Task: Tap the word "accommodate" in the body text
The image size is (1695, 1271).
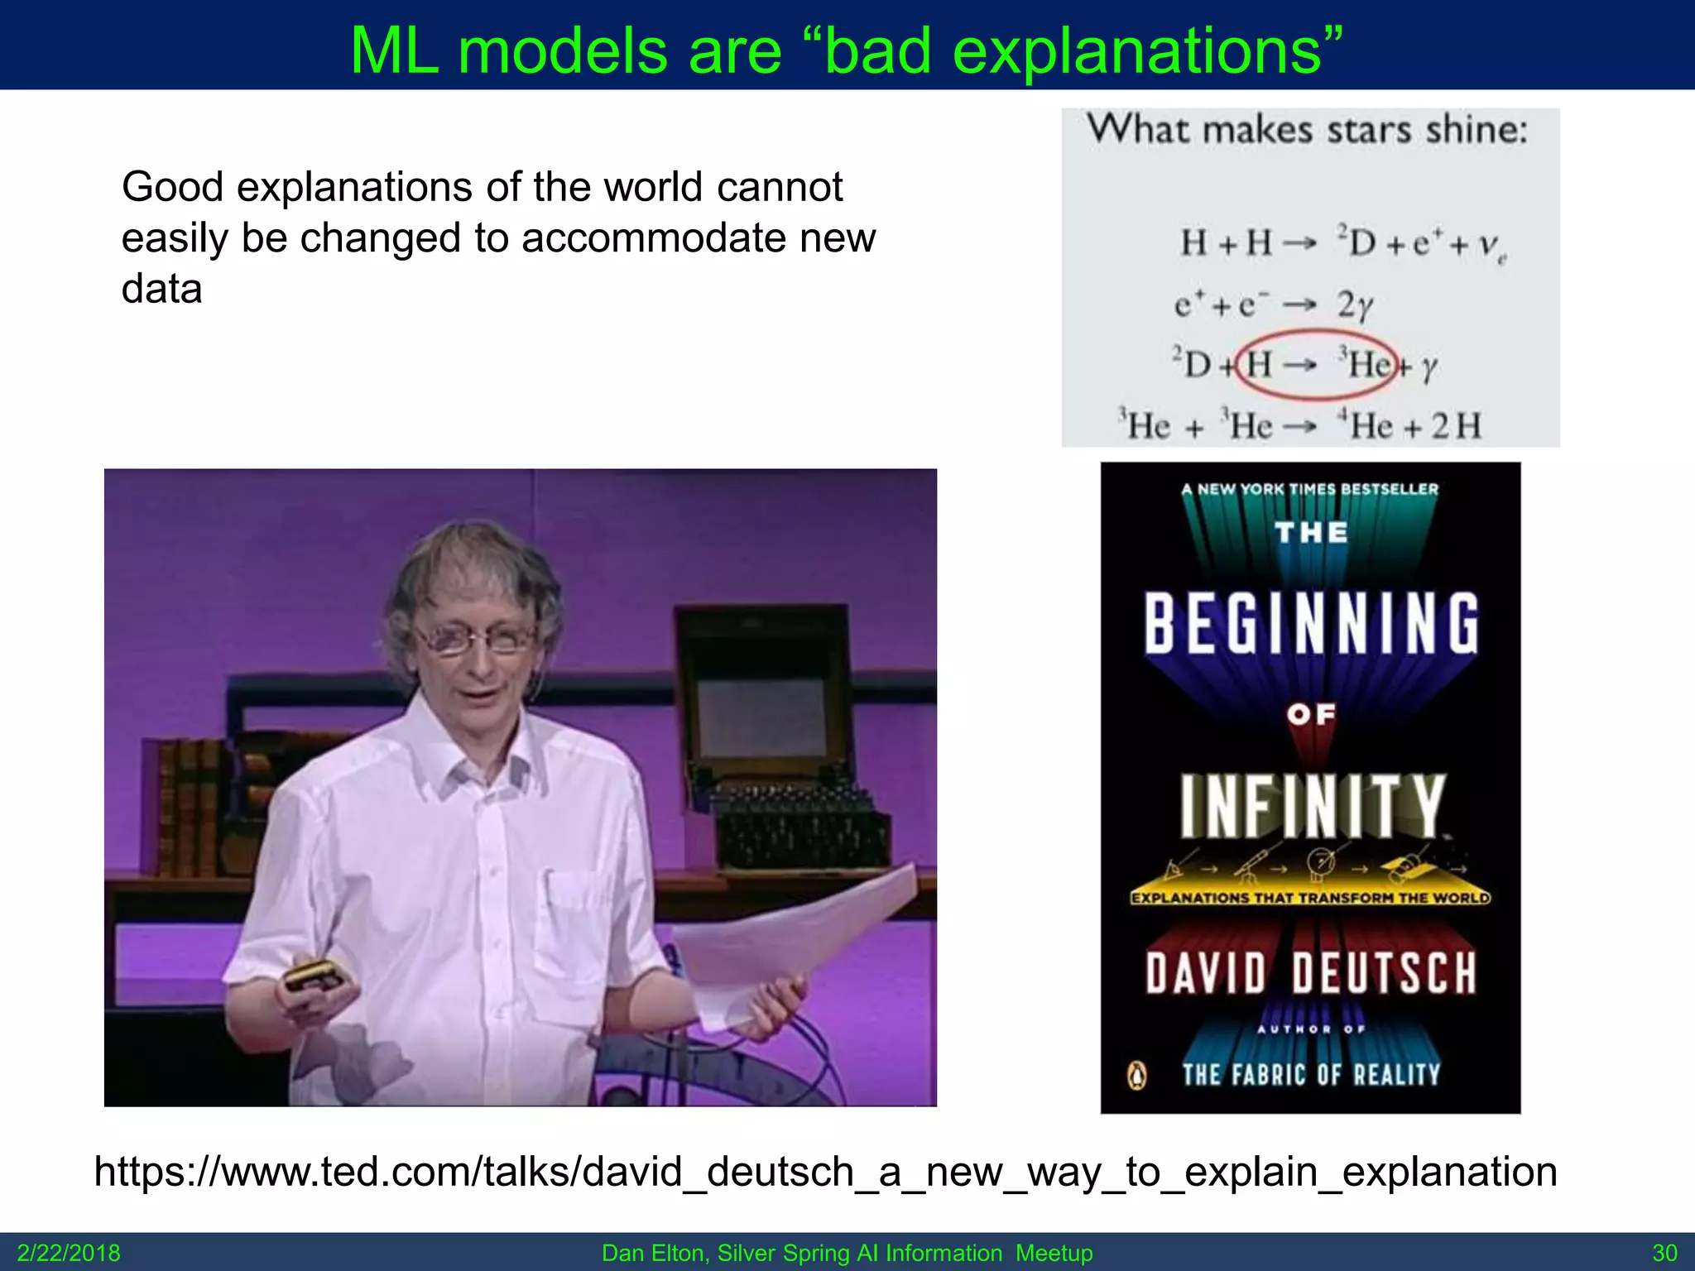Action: [653, 238]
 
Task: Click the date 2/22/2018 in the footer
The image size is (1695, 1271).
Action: [69, 1253]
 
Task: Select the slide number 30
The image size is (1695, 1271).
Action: [1664, 1253]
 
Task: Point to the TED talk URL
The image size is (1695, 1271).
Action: [825, 1172]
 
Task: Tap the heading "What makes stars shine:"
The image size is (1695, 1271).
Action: [1307, 131]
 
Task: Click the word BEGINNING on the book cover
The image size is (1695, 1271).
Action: [1311, 624]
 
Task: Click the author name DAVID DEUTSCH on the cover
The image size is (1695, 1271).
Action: [1311, 973]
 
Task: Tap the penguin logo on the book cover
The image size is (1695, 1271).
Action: [1138, 1076]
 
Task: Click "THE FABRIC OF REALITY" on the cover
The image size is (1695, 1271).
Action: [1311, 1075]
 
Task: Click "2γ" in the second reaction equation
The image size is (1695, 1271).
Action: [1355, 305]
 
